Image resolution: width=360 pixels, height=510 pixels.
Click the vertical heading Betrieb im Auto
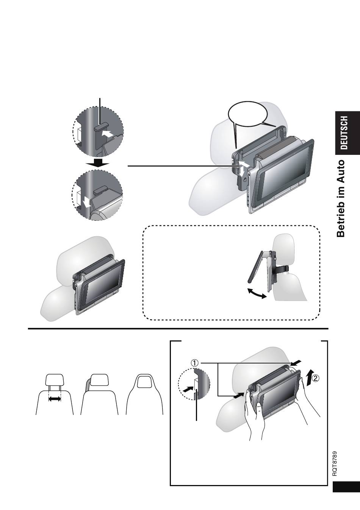tap(341, 198)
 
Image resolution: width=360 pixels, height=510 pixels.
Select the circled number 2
tap(316, 378)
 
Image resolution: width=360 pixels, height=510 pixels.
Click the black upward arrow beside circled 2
tap(309, 378)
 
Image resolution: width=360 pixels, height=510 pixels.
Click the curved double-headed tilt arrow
tap(257, 293)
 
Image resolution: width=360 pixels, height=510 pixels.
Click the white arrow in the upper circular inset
tap(107, 134)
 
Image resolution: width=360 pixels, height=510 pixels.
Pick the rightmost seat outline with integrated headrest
tap(144, 393)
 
